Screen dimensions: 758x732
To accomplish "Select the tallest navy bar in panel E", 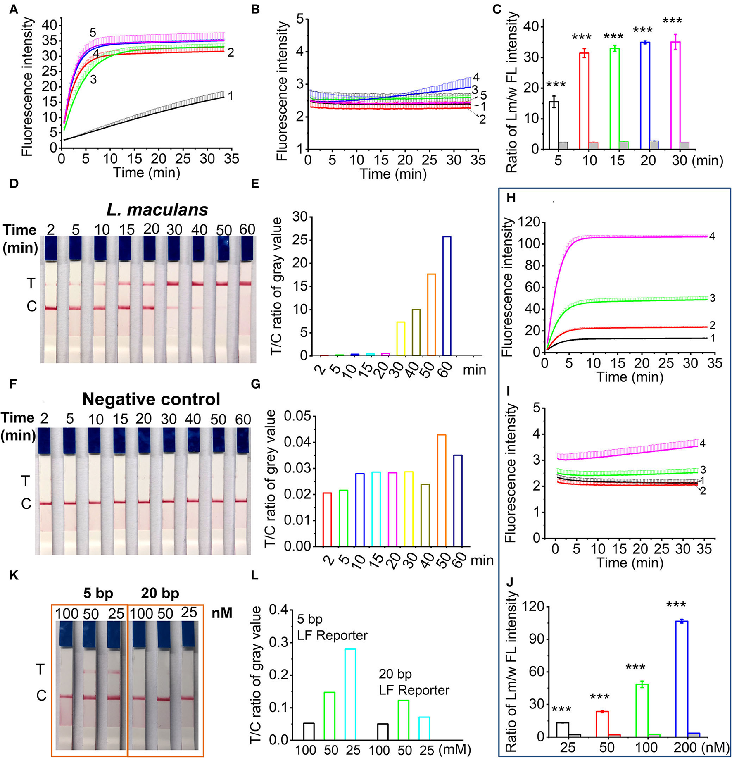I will coord(447,296).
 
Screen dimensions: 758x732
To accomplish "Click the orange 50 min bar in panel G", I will coord(441,490).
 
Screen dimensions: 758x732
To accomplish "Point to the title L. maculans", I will coord(157,210).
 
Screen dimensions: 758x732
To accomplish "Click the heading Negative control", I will coord(151,399).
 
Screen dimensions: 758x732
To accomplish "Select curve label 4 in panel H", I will coord(712,236).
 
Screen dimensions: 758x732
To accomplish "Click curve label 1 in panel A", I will coord(231,96).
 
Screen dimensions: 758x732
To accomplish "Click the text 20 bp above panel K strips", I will coord(160,594).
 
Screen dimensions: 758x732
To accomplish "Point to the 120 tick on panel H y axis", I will coord(530,222).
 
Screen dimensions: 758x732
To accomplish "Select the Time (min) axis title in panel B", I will coord(393,174).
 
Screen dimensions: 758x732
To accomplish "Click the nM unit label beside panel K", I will coord(222,613).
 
